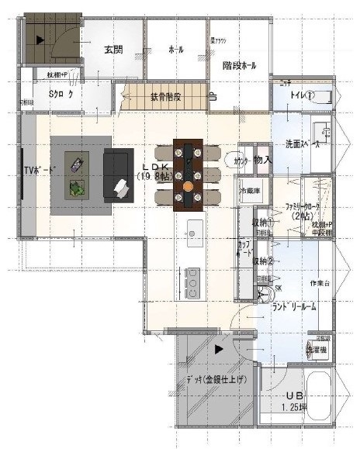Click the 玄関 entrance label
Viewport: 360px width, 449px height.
113,50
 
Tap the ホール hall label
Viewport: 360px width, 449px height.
176,50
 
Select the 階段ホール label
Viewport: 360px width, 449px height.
238,66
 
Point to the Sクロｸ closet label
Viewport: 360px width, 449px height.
61,94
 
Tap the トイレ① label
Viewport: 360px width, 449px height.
303,95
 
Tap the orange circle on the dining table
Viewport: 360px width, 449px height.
189,186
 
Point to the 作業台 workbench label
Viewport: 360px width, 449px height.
320,283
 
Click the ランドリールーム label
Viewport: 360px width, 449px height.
295,306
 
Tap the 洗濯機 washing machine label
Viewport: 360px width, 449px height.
320,351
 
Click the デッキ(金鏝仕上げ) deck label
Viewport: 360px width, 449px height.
215,379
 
